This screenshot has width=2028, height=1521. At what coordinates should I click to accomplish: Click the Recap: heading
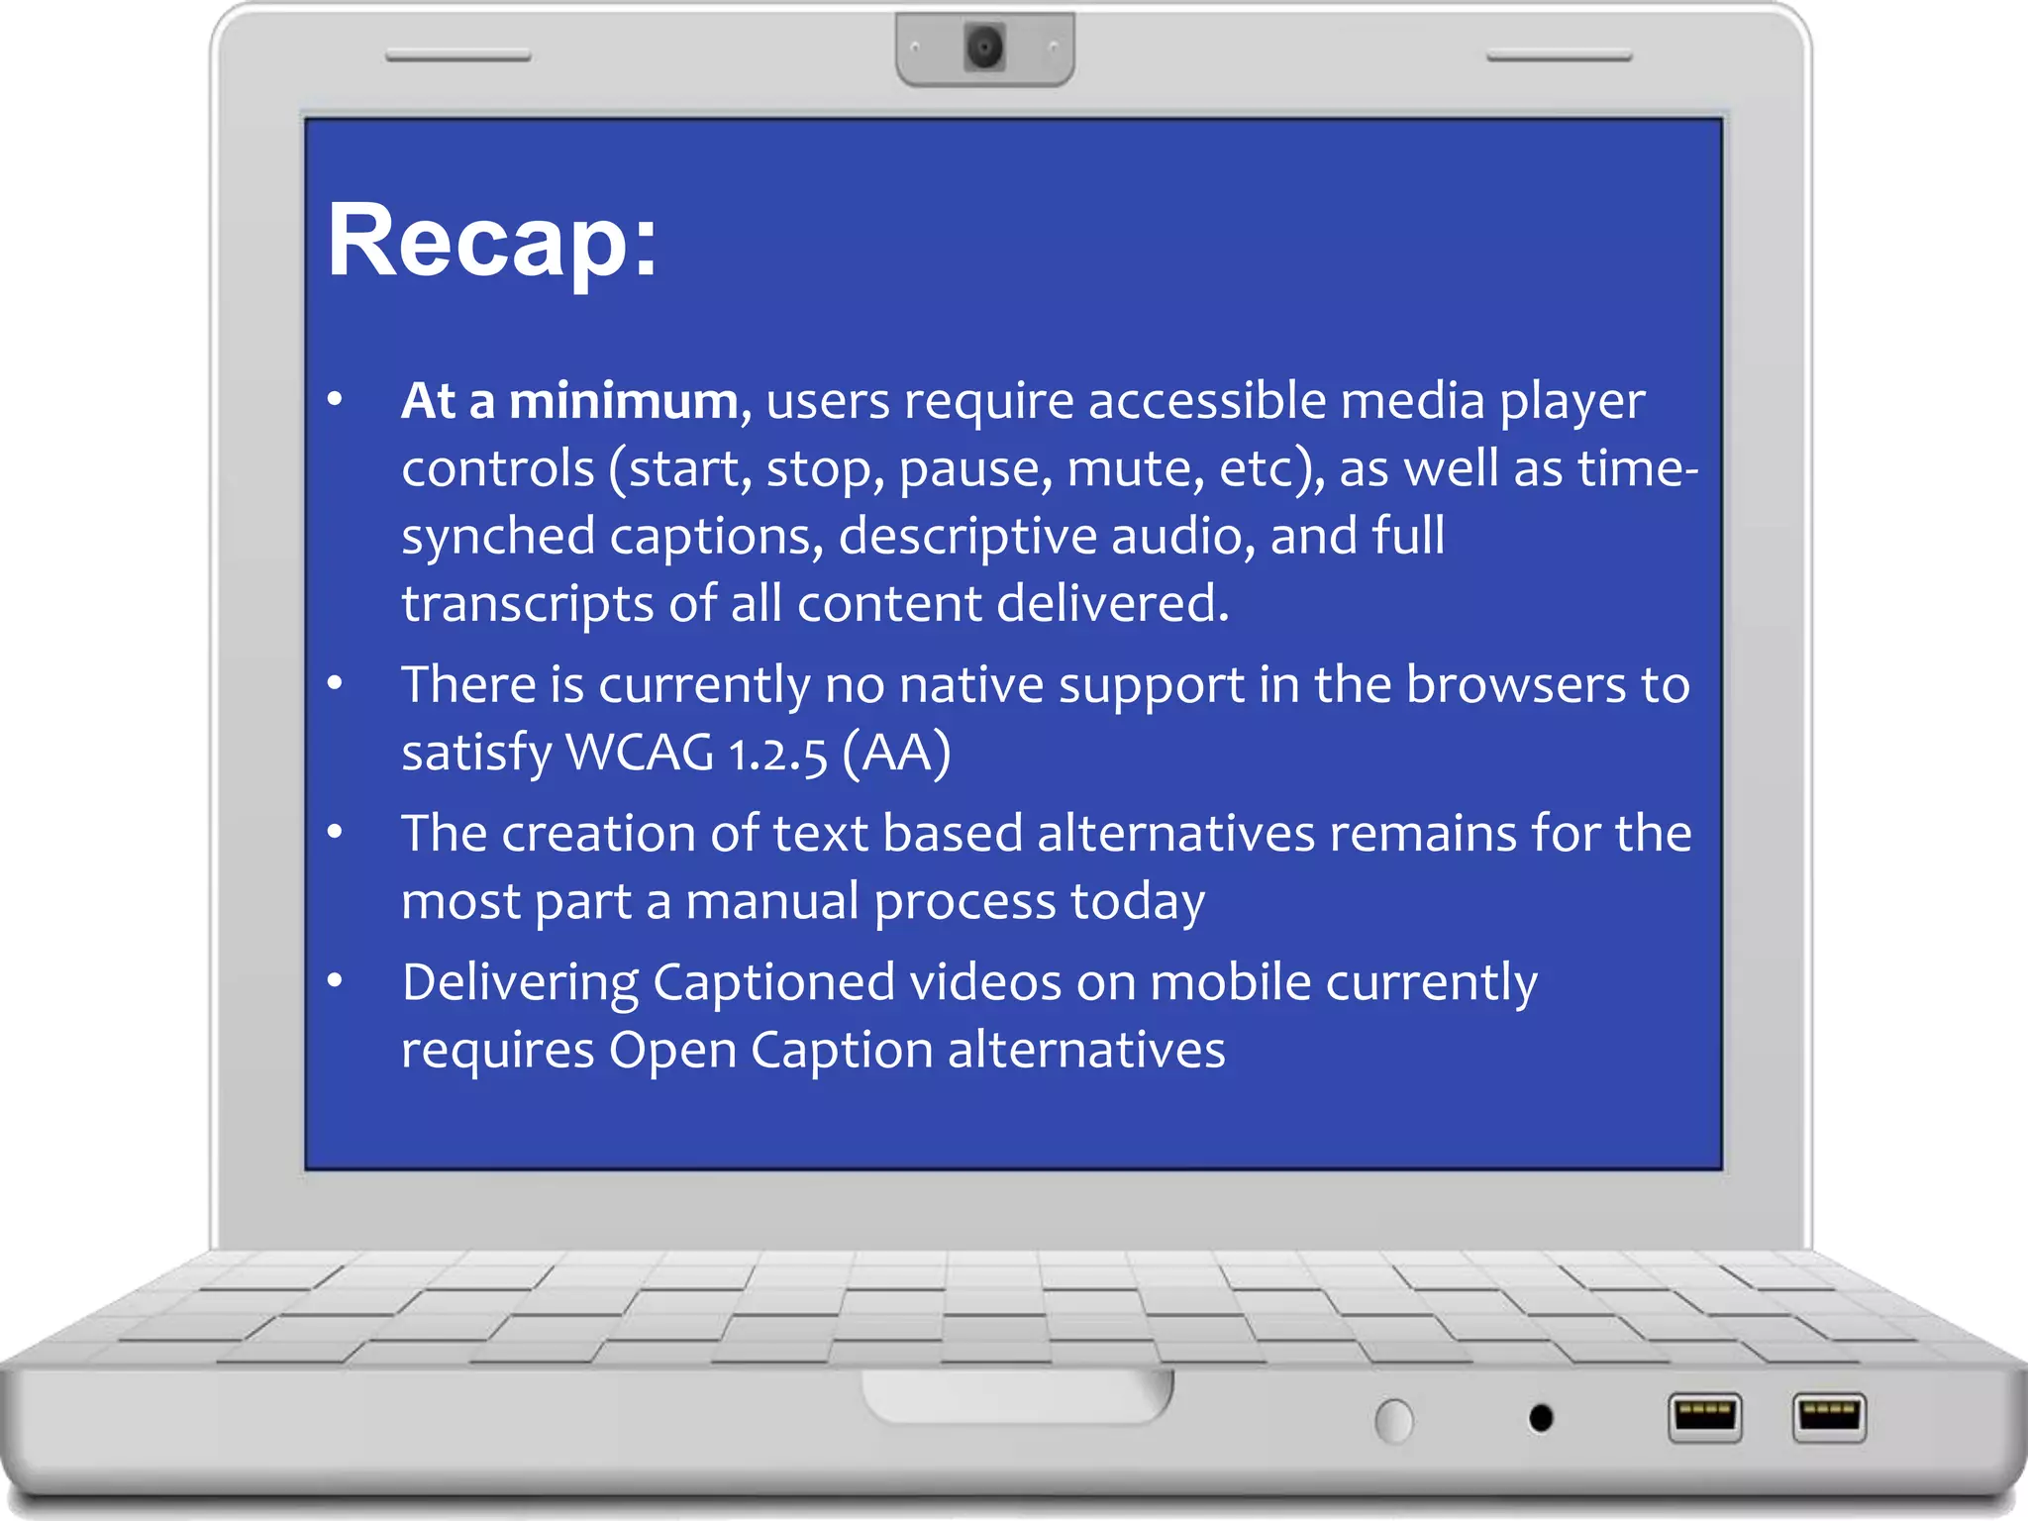point(492,241)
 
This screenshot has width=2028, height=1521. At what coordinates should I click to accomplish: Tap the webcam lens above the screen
point(984,47)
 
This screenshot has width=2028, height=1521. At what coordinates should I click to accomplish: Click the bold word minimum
point(624,401)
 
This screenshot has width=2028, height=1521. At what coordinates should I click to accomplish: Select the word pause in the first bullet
point(975,469)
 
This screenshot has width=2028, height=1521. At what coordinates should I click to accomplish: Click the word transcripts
point(527,603)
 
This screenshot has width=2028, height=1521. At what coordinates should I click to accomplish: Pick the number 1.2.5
point(777,755)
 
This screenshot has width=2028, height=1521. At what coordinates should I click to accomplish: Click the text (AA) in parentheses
point(897,753)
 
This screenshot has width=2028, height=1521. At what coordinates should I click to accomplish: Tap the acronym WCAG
point(640,753)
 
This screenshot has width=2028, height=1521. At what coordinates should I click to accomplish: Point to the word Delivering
point(520,983)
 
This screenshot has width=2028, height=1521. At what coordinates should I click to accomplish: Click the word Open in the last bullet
point(671,1050)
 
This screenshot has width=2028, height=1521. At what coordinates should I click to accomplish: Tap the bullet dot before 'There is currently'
point(335,683)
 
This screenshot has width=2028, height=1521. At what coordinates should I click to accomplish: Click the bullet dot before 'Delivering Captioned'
point(335,980)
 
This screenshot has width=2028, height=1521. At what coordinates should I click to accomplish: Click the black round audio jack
point(1541,1418)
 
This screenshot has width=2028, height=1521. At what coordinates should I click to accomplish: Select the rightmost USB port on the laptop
point(1829,1416)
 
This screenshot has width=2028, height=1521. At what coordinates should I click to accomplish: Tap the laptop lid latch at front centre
point(1017,1396)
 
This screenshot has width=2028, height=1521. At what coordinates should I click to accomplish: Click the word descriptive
point(967,537)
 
